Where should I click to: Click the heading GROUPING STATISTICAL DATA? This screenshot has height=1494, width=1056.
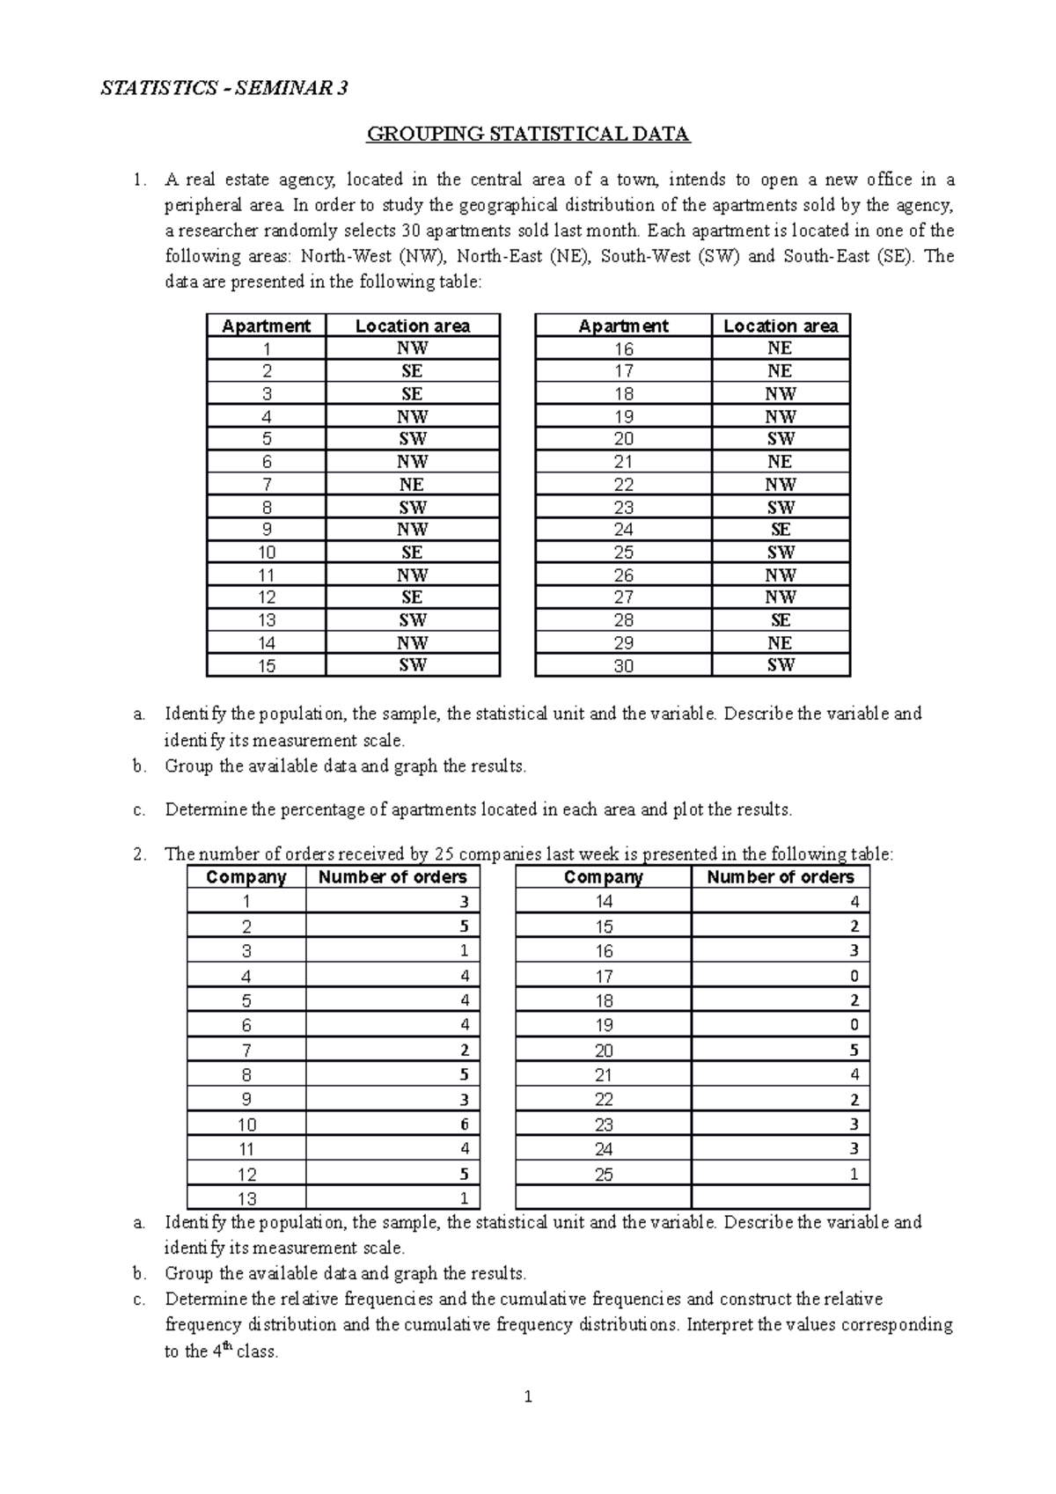click(x=528, y=135)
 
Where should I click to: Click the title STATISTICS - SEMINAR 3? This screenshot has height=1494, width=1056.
click(x=224, y=88)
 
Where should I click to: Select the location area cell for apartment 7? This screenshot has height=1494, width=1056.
click(x=412, y=485)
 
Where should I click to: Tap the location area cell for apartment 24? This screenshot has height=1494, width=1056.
click(x=780, y=530)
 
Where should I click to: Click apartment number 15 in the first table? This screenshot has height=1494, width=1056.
click(x=267, y=666)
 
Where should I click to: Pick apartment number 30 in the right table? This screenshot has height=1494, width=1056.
click(x=623, y=666)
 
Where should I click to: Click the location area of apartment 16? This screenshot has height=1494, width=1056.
click(x=780, y=348)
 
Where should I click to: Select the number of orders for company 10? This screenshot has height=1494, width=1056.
click(x=464, y=1124)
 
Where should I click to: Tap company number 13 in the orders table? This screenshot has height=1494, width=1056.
click(x=246, y=1198)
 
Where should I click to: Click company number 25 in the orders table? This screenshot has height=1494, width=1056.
click(x=604, y=1174)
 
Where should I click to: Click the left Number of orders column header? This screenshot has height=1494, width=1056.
click(x=392, y=877)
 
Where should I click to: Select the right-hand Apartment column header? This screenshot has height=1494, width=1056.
click(x=623, y=326)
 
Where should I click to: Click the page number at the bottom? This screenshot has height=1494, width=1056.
click(x=528, y=1396)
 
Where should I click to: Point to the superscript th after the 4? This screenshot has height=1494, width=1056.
click(x=227, y=1344)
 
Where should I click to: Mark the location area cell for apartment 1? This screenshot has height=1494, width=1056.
click(x=412, y=348)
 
